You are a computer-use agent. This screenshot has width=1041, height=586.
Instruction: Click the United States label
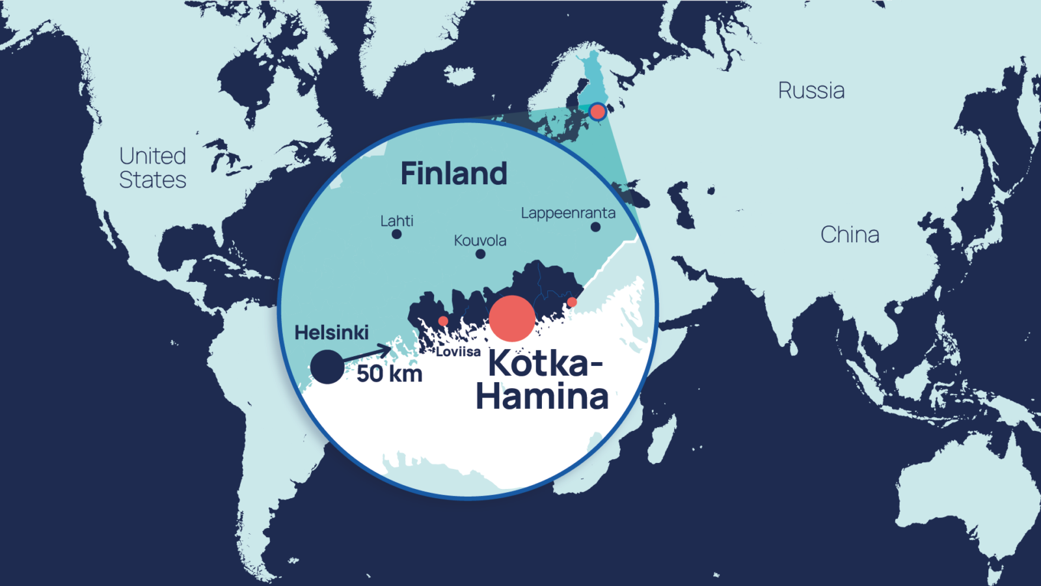coord(153,168)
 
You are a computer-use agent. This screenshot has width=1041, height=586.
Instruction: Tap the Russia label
coord(811,91)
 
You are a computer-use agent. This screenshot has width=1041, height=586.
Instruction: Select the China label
coord(850,234)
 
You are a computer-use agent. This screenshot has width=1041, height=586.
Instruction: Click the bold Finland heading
coord(453,174)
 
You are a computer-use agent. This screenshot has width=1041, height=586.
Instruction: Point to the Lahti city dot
coord(397,234)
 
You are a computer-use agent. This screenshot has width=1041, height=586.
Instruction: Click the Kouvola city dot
coord(480,254)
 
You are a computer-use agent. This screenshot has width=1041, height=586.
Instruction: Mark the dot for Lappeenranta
coord(595,227)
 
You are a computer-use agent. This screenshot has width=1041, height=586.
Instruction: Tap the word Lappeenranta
coord(568,213)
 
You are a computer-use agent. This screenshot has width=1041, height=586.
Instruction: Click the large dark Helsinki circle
coord(327,367)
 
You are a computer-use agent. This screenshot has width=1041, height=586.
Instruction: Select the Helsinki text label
coord(331,333)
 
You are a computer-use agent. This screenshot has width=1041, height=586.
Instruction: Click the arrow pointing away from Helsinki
coord(368,355)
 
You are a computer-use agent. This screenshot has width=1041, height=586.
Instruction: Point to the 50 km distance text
coord(389,374)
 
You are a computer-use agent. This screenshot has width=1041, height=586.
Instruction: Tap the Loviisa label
coord(458,352)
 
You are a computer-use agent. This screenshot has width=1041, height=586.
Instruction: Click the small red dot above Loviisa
coord(443,321)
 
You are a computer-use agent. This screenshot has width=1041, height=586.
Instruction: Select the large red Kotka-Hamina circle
coord(512,318)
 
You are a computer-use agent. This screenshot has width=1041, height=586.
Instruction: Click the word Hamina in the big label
coord(542,396)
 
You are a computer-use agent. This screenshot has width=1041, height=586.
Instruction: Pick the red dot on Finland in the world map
coord(597,112)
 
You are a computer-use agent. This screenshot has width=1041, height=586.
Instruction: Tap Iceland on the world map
coord(460,75)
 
